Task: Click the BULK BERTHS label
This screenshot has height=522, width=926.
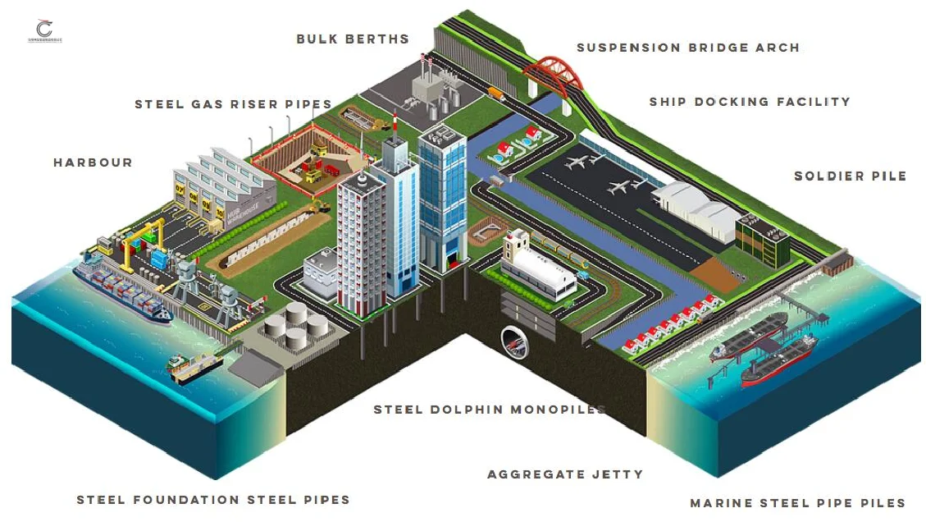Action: pyautogui.click(x=352, y=39)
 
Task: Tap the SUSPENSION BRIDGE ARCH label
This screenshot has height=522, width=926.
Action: pyautogui.click(x=687, y=48)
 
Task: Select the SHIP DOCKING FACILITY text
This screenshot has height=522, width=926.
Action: pyautogui.click(x=749, y=102)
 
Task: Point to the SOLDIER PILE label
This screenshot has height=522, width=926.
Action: pyautogui.click(x=850, y=176)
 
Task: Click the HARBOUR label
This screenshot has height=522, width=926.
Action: pyautogui.click(x=93, y=163)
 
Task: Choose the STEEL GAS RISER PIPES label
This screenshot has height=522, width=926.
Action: pyautogui.click(x=233, y=104)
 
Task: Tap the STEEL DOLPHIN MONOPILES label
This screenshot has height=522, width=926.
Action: pyautogui.click(x=490, y=410)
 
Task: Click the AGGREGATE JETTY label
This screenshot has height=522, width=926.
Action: pyautogui.click(x=564, y=474)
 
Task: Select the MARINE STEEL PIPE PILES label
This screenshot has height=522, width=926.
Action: pyautogui.click(x=797, y=503)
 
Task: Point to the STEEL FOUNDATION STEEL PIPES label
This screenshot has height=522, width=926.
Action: pyautogui.click(x=213, y=500)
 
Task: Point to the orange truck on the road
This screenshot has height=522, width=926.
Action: pyautogui.click(x=494, y=92)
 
